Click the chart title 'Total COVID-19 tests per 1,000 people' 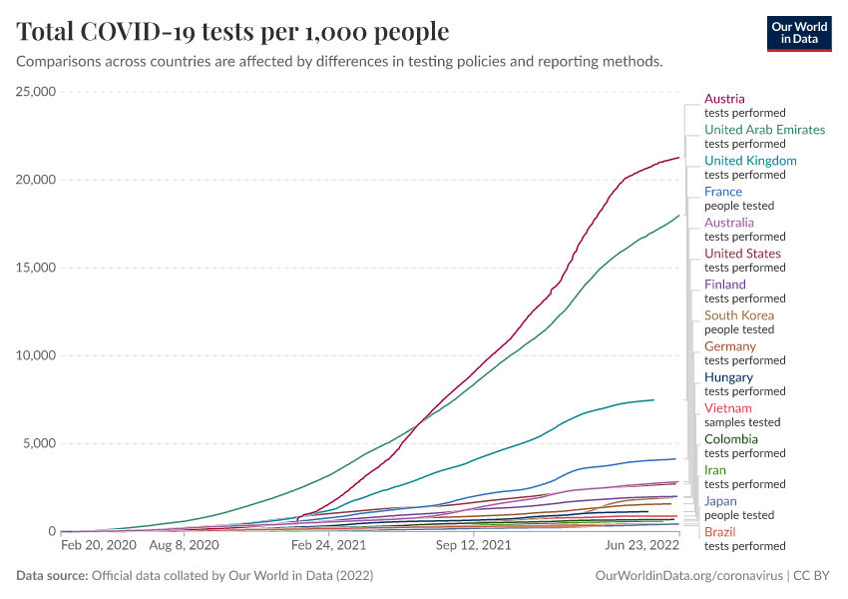tap(232, 32)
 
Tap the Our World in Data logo tap(798, 32)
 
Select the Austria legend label tap(724, 99)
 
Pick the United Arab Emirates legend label tap(764, 130)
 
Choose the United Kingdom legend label tap(750, 161)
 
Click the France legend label tap(723, 192)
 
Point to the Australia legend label tap(729, 223)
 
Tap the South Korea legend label tap(739, 315)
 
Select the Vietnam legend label tap(727, 408)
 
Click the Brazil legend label tap(720, 532)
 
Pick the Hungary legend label tap(728, 377)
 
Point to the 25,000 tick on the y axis tap(35, 92)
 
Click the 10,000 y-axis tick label tap(35, 355)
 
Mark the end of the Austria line tap(678, 158)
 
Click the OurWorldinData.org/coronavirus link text tap(688, 576)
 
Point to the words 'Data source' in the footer tap(51, 576)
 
